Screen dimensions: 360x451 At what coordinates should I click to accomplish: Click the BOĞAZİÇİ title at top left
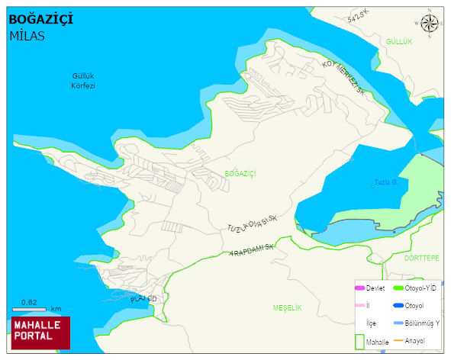click(40, 19)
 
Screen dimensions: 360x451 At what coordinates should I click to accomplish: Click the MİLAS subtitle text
click(27, 35)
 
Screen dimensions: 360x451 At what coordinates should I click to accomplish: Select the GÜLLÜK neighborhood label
click(398, 41)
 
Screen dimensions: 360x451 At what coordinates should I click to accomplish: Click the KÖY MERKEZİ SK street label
click(345, 79)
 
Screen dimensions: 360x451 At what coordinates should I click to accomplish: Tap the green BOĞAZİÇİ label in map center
click(240, 174)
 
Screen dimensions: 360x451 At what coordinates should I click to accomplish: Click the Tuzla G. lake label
click(386, 182)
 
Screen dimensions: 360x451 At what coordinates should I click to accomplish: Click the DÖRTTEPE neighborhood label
click(421, 259)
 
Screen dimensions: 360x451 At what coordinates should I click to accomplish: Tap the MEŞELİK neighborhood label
click(288, 307)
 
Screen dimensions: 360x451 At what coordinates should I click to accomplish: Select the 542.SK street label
click(357, 17)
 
